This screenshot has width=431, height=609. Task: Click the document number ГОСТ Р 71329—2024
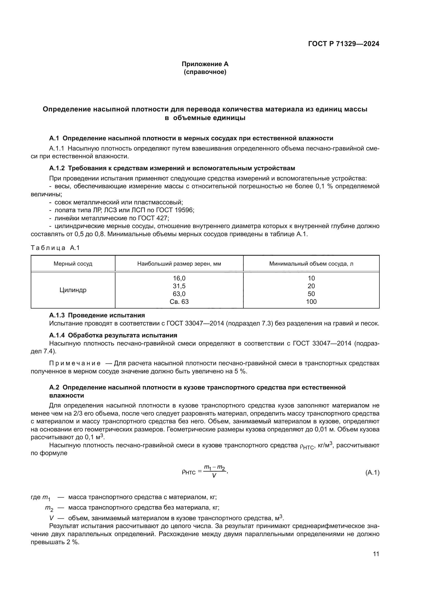click(343, 44)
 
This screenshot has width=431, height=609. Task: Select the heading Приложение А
click(205, 64)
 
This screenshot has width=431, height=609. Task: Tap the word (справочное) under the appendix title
click(205, 72)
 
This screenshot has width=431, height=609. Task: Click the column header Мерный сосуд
click(73, 264)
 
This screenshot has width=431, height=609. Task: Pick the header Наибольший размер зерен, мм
click(179, 264)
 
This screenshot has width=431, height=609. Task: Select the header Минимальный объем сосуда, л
click(311, 264)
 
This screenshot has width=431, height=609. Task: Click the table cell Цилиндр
click(73, 290)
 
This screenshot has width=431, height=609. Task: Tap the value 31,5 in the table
click(179, 286)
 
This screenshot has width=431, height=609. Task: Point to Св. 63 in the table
click(179, 302)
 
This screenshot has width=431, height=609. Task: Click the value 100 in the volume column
click(311, 302)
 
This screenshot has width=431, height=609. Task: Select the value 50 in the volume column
click(311, 294)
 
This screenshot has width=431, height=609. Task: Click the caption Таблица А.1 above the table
click(55, 248)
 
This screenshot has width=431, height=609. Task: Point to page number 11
click(376, 554)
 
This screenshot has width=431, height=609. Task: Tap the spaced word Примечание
click(75, 363)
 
